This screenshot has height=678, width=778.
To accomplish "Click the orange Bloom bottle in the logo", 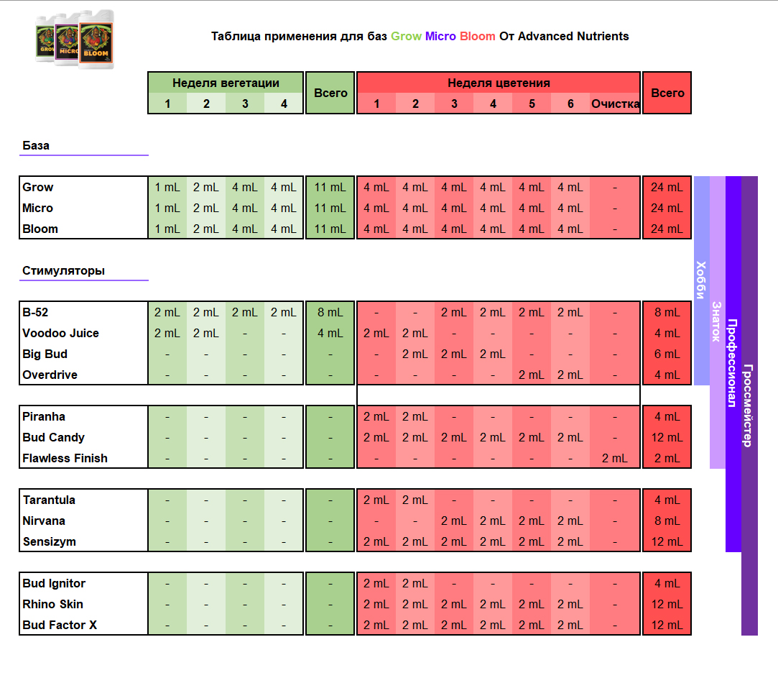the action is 96,40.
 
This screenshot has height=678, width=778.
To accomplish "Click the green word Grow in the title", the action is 406,36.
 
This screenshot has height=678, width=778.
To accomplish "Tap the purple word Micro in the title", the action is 440,36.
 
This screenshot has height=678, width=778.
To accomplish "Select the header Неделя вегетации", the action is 226,83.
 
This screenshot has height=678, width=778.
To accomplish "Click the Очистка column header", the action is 615,104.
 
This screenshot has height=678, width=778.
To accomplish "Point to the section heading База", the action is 36,145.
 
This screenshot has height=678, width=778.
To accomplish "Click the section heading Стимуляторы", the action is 63,271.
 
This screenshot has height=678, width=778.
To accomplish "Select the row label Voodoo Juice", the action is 60,334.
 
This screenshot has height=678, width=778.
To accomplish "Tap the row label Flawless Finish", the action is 65,458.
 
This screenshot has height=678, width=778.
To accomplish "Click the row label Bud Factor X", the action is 60,625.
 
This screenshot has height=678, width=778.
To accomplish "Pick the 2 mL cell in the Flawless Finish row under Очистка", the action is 615,459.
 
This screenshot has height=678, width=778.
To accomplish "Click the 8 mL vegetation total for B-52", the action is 330,313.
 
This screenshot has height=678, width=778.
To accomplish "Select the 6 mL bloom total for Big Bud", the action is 667,354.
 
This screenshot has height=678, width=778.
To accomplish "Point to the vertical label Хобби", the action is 700,280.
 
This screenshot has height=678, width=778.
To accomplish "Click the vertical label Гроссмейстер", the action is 749,406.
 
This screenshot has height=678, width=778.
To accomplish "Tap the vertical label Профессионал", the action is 732,363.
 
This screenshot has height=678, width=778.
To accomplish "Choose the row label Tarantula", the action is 49,500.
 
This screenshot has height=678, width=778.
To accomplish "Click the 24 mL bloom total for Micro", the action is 667,208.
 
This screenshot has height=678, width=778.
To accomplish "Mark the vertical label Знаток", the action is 716,322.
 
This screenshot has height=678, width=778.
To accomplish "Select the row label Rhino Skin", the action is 52,604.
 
